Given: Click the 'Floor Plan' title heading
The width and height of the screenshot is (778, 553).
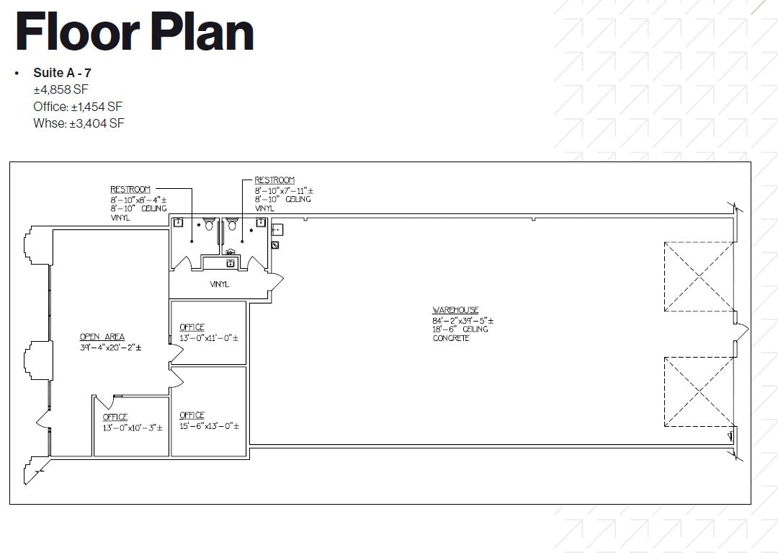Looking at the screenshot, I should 135,32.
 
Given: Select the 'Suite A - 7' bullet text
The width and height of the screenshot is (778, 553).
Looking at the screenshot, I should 62,73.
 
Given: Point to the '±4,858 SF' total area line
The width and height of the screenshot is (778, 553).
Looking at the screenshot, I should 61,90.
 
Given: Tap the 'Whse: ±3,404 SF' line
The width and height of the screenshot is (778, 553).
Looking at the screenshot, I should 79,123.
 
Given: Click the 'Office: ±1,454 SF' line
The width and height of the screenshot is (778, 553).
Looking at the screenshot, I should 78,107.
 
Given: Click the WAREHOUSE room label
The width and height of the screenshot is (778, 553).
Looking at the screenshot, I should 455,310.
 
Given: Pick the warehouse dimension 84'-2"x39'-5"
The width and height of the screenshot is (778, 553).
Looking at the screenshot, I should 462,320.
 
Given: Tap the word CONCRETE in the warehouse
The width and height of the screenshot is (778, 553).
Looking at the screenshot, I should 451,338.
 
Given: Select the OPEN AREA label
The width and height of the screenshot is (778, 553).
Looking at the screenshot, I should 102,337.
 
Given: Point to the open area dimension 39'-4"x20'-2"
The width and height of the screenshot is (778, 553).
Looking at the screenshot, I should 111,348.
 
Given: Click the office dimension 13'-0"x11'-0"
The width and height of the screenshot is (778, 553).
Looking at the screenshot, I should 209,337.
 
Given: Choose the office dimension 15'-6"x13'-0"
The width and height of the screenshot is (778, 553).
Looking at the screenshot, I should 209,425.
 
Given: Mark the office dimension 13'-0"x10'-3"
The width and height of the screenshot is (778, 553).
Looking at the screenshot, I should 133,428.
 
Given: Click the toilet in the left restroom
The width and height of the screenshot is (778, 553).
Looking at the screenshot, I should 210,224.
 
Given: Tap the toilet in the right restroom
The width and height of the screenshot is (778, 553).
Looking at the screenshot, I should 231,224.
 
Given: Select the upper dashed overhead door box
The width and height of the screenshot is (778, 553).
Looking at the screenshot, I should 698,277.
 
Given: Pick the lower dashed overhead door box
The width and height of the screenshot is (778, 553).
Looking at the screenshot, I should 698,391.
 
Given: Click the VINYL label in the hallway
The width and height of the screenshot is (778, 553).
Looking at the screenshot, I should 219,285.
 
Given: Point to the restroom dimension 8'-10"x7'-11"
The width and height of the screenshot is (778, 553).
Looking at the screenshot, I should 284,190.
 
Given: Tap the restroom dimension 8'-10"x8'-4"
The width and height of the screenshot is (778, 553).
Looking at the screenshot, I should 139,199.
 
